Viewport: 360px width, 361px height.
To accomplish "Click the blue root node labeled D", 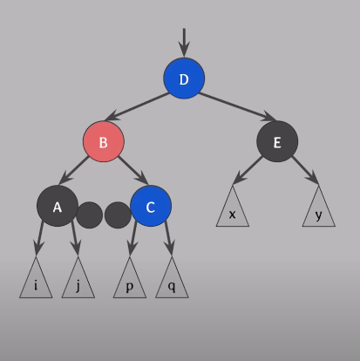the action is [x=184, y=78].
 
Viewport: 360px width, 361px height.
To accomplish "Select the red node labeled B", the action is [x=104, y=141].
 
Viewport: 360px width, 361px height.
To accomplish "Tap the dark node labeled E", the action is [x=277, y=141].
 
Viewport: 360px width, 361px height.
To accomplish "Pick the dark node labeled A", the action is [x=58, y=206].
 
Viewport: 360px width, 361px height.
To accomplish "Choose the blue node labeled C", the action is [x=151, y=206].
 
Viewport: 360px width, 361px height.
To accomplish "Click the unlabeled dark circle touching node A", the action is [x=90, y=215].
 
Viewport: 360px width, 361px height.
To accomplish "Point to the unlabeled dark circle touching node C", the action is [x=118, y=215].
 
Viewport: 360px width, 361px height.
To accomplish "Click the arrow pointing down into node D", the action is [x=184, y=43].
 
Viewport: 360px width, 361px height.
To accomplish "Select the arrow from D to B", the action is [x=137, y=106].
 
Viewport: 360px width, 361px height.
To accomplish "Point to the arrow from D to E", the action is [x=237, y=106].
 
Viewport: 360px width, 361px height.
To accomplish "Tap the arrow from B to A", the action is [x=73, y=171].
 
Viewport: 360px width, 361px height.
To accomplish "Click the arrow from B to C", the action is [x=133, y=171].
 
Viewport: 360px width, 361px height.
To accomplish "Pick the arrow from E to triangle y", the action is [x=305, y=170].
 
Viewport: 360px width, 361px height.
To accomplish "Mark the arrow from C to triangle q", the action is [x=168, y=238].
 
